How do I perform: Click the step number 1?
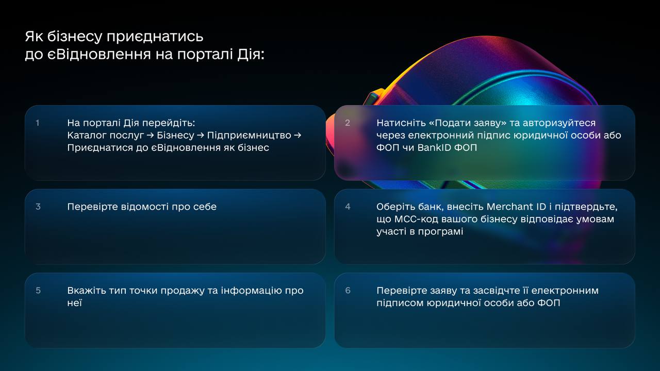click(38, 123)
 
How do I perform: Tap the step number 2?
click(348, 123)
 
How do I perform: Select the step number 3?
click(38, 207)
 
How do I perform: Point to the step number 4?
click(348, 207)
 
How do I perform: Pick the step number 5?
click(38, 291)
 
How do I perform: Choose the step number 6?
click(348, 291)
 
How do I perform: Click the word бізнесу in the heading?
click(75, 37)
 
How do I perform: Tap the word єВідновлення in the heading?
click(99, 54)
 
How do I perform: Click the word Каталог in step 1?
click(86, 136)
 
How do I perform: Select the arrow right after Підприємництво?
click(298, 136)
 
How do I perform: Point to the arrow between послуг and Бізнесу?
click(150, 136)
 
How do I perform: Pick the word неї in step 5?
click(75, 303)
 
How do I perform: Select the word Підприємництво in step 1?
click(249, 136)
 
